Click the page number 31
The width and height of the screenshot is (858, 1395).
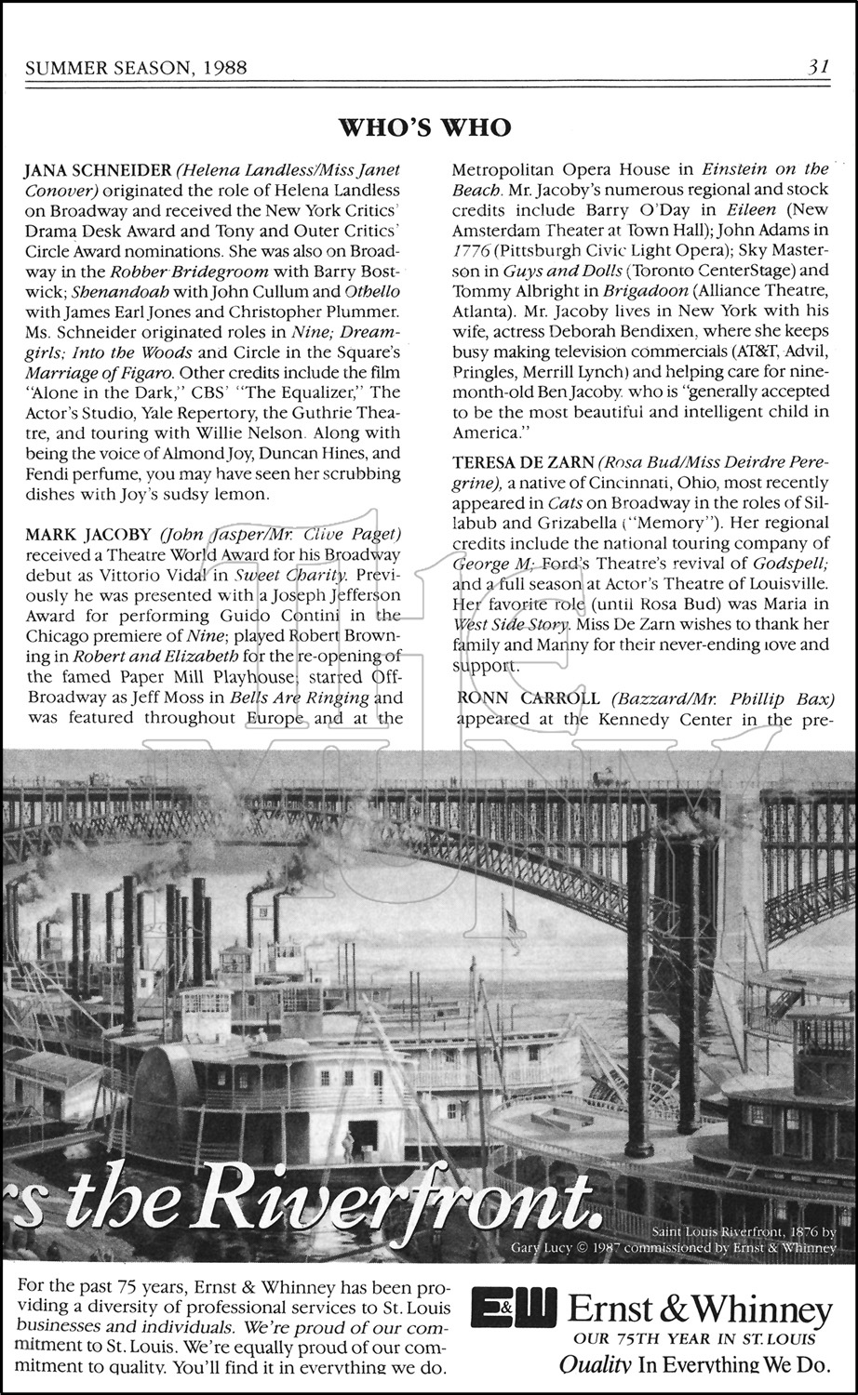click(818, 67)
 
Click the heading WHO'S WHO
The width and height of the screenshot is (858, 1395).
click(424, 127)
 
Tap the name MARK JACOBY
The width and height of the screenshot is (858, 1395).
click(87, 535)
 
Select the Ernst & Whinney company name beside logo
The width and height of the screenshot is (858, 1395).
click(700, 1311)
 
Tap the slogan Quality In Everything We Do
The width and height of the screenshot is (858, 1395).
click(694, 1364)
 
